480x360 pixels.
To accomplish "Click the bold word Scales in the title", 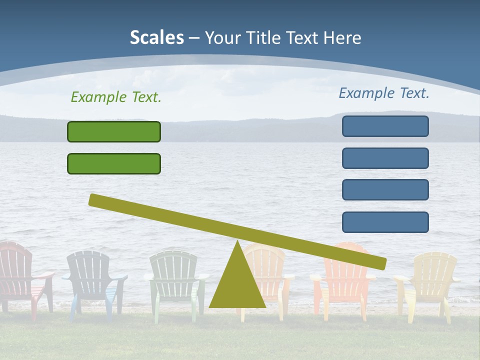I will pos(157,37).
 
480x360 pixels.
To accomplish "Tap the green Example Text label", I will pos(116,97).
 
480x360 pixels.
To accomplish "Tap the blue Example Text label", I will pos(384,93).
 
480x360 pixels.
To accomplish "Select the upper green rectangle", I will pos(114,132).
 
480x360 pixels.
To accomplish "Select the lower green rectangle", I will pos(114,164).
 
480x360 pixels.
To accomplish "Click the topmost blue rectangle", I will pos(385,126).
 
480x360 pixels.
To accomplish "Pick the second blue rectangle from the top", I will pos(385,158).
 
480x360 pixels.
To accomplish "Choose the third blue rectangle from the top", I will pos(385,190).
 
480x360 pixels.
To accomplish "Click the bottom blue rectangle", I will pos(385,222).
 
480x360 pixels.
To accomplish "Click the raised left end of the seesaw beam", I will pos(95,200).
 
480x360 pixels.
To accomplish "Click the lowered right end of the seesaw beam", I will pos(380,263).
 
